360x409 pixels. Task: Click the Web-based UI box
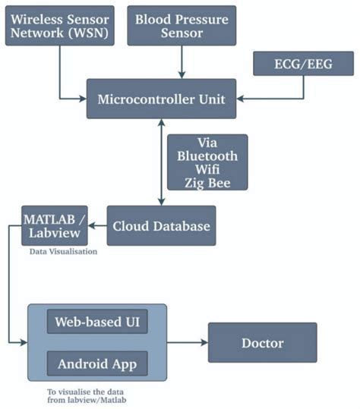[x=97, y=321]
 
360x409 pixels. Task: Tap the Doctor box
[x=262, y=343]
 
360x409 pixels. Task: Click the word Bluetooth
[x=207, y=156]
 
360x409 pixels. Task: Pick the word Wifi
[x=207, y=170]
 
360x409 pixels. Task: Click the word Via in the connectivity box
[x=207, y=141]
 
